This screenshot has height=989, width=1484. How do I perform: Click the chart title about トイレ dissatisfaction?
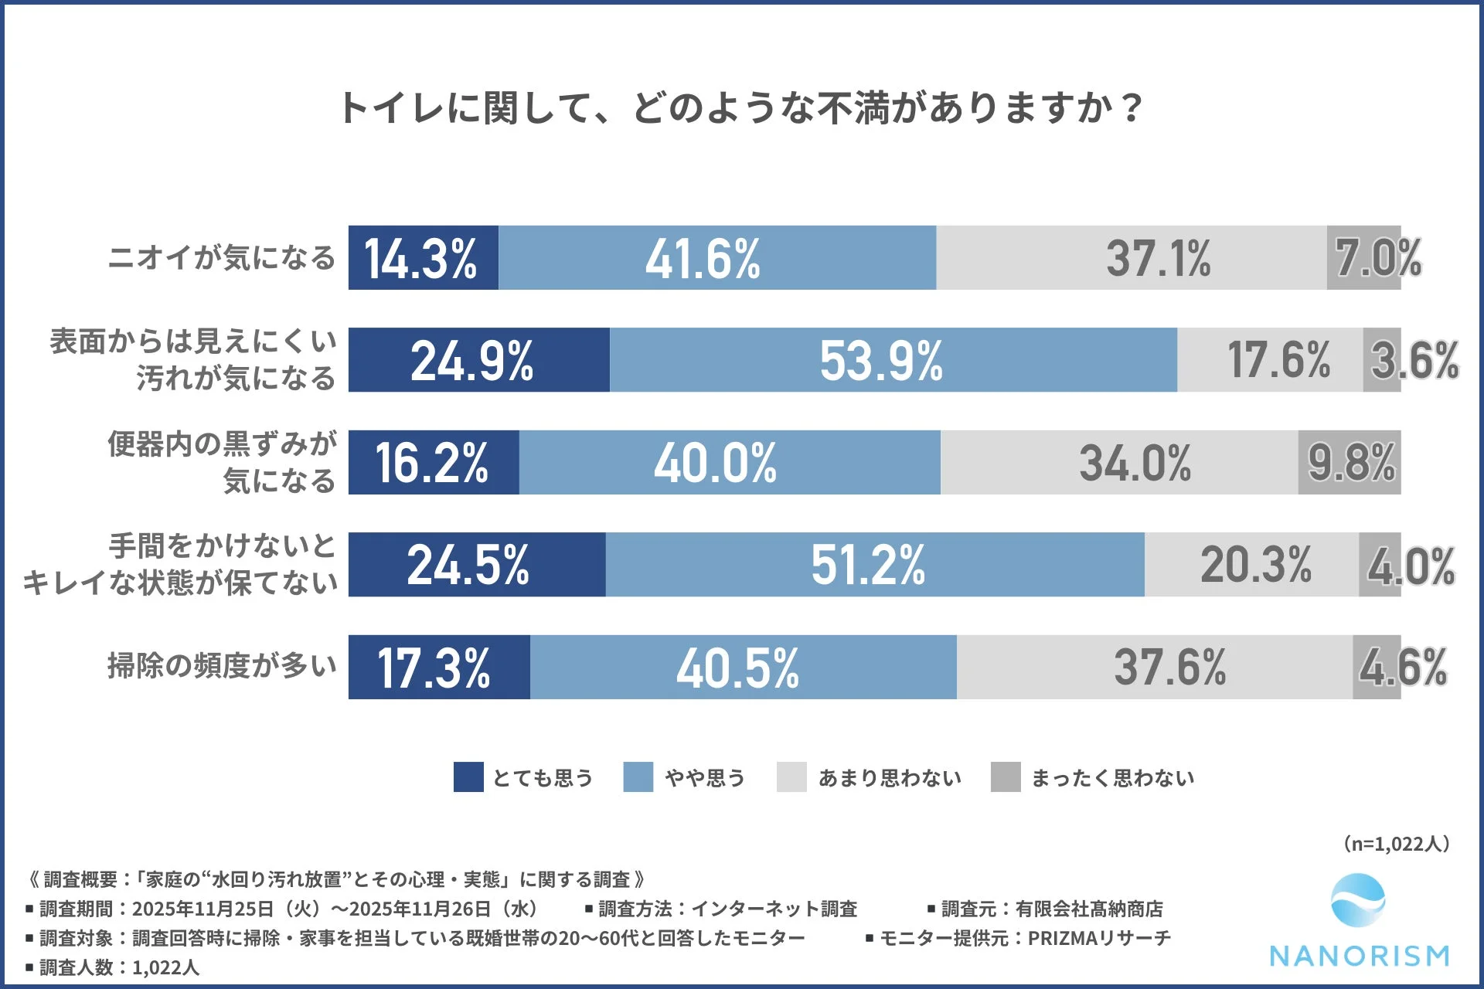point(740,108)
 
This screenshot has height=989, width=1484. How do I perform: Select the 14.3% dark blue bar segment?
point(423,258)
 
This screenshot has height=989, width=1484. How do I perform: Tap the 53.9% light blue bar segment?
point(893,360)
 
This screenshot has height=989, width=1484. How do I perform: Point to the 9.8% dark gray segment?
point(1350,463)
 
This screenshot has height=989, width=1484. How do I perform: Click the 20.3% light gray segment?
point(1252,565)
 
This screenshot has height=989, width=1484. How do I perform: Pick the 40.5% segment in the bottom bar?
point(743,668)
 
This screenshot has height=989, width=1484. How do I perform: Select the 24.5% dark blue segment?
point(476,565)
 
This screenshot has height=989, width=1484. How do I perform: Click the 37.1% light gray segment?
point(1132,258)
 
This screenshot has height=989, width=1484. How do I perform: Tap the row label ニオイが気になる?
point(222,258)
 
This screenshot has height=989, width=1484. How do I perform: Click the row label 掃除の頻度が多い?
point(222,666)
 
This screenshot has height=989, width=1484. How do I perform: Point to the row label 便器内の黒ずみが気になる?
point(222,462)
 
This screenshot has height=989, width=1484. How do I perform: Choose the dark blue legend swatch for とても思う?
point(468,777)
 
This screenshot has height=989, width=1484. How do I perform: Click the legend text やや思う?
point(705,778)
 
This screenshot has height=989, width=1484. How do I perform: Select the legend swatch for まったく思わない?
point(1006,777)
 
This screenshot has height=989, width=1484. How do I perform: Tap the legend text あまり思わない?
point(890,778)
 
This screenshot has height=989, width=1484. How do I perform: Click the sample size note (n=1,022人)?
point(1397,844)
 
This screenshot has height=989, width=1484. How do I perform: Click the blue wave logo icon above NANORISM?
point(1358,901)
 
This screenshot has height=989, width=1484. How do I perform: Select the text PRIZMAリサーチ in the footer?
point(1099,938)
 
